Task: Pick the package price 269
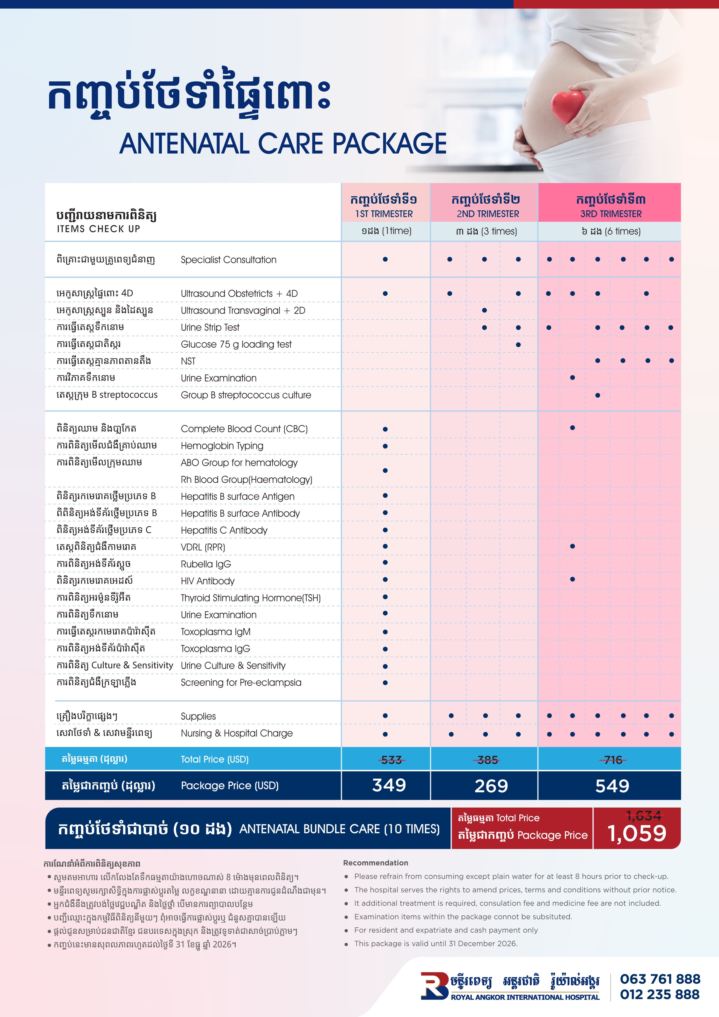tap(491, 786)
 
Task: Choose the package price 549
tap(612, 786)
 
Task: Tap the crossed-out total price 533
tap(392, 760)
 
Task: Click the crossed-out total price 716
tap(613, 760)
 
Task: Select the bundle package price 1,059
tap(637, 833)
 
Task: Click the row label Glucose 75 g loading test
tap(236, 344)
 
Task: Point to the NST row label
tap(188, 361)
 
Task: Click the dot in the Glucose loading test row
tap(518, 345)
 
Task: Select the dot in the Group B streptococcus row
tap(597, 395)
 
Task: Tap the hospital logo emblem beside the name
tap(434, 986)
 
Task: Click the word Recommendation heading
tap(376, 863)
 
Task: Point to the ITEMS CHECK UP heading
tap(98, 229)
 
